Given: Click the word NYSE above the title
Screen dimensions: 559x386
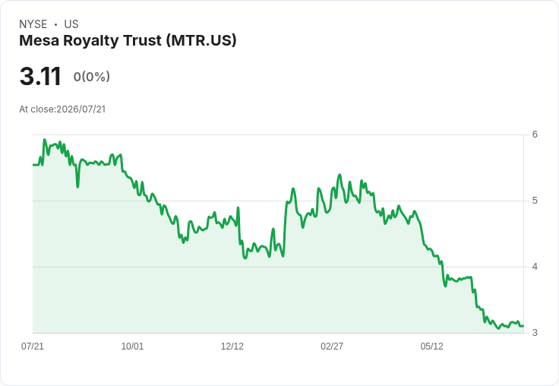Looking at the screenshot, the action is click(x=33, y=24).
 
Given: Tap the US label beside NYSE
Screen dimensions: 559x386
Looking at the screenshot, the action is click(x=71, y=24).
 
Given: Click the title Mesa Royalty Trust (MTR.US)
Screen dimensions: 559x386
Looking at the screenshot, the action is click(x=128, y=41).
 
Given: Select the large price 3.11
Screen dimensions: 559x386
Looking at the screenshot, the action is click(x=40, y=77).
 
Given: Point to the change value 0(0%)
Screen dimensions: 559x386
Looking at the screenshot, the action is click(x=92, y=77).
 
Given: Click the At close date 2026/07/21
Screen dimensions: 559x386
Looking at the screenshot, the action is click(x=81, y=109).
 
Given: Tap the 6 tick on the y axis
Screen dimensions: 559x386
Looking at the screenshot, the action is click(x=535, y=134).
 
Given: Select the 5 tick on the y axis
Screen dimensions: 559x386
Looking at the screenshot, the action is click(x=535, y=201).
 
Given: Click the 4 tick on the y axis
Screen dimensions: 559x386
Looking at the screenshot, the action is click(x=535, y=267).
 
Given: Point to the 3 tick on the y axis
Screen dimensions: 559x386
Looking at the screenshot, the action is click(x=535, y=333).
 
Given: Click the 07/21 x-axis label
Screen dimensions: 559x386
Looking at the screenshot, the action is click(x=33, y=346).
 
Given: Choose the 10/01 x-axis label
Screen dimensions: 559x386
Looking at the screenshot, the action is click(x=132, y=346).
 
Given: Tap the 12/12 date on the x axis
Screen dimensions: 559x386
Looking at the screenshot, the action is click(x=232, y=346).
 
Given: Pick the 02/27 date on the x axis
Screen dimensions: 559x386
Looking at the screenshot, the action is click(x=332, y=346).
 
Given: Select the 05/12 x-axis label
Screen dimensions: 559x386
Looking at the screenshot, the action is click(x=431, y=346).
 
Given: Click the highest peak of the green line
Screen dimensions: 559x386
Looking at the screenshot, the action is click(x=45, y=140).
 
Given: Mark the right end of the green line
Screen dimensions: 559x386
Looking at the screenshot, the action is click(x=523, y=326).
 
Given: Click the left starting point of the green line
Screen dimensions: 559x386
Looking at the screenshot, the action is click(x=33, y=165).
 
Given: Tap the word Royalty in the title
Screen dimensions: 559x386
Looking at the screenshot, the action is click(x=91, y=41).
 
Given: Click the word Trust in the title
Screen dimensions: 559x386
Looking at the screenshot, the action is click(x=142, y=41).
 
